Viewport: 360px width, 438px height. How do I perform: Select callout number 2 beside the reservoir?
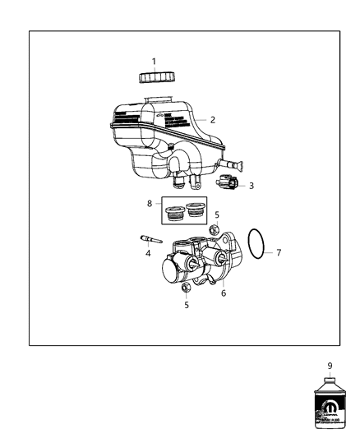tap(212, 120)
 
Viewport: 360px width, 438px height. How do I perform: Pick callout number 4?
tap(148, 253)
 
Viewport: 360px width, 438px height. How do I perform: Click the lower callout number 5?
tap(186, 304)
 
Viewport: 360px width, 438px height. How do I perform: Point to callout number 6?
tap(222, 293)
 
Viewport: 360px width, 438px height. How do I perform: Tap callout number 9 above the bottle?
tap(330, 367)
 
